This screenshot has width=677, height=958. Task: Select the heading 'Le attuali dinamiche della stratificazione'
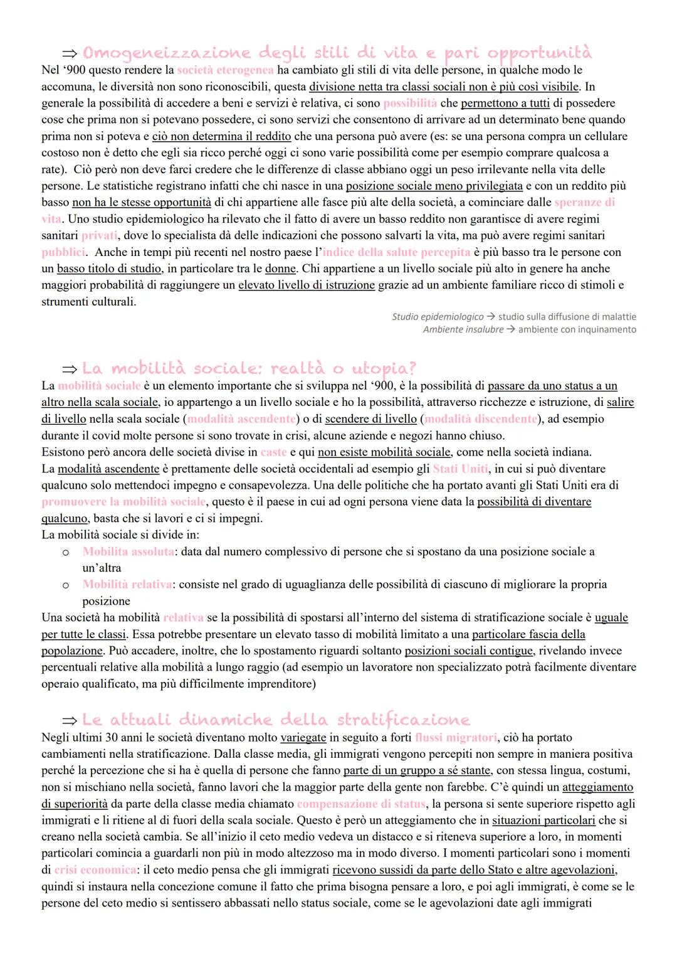tap(276, 720)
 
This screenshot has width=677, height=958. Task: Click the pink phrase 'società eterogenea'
tap(225, 70)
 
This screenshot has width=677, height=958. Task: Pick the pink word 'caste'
tap(273, 452)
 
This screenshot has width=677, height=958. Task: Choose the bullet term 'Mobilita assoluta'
tap(129, 551)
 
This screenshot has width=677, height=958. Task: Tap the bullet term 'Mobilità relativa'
tap(127, 585)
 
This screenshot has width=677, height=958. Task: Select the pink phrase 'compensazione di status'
tap(361, 804)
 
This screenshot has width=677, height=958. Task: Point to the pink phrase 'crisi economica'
tap(95, 870)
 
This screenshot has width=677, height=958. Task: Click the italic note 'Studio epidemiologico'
tap(438, 317)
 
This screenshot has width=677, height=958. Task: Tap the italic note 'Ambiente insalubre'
tap(463, 330)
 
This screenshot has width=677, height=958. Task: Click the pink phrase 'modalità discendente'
tap(481, 419)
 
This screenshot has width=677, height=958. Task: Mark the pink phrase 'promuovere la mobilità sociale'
tap(123, 502)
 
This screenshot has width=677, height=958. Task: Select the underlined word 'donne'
tap(280, 269)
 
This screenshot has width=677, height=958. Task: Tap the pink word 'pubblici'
tap(63, 252)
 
